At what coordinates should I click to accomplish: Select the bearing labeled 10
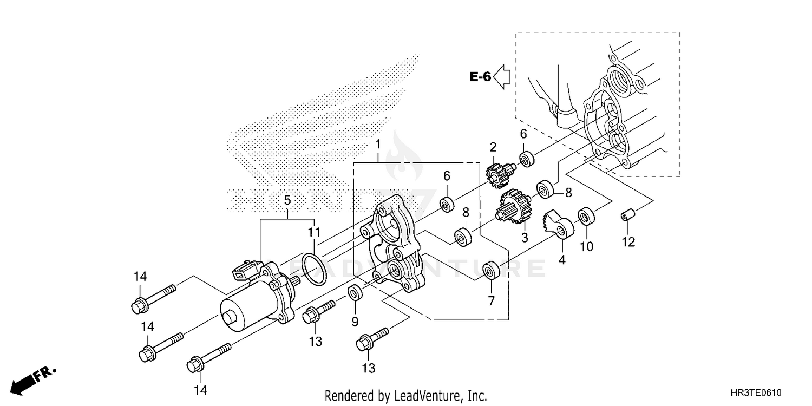click(x=585, y=216)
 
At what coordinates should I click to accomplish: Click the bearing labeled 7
click(x=491, y=270)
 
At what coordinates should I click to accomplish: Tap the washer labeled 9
click(x=355, y=293)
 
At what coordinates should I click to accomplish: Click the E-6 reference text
click(x=480, y=77)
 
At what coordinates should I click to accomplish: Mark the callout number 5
click(x=287, y=201)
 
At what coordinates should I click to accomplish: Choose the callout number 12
click(x=627, y=242)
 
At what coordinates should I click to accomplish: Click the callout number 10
click(x=586, y=247)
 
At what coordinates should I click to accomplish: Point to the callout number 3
click(x=524, y=237)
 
